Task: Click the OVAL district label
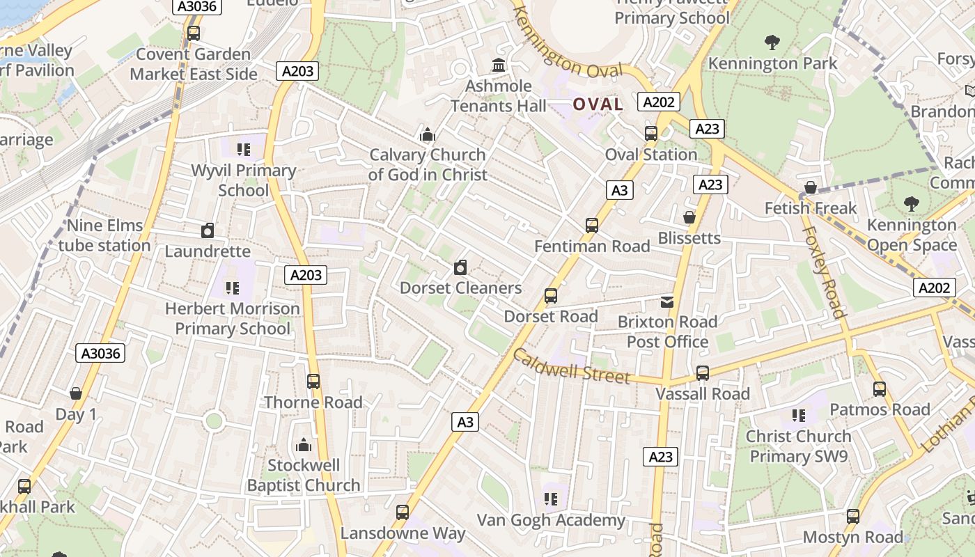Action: click(598, 104)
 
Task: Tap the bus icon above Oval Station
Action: click(651, 133)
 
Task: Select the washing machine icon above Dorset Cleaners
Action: click(460, 267)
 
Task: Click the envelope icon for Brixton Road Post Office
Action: click(667, 301)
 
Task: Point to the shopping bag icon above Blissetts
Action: click(689, 217)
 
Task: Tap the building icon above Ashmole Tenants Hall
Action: click(499, 65)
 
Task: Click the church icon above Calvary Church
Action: click(427, 134)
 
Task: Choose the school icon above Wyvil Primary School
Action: click(243, 149)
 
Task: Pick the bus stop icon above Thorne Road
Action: click(313, 381)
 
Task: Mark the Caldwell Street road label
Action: click(571, 366)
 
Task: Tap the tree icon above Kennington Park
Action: click(772, 42)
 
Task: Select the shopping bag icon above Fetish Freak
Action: click(810, 187)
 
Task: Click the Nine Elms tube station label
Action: click(104, 235)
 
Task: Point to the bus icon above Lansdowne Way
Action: click(402, 512)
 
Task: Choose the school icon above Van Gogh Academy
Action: click(551, 499)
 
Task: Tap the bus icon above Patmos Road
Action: click(880, 389)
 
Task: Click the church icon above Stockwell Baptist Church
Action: click(304, 444)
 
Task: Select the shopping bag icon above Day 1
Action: click(76, 393)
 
